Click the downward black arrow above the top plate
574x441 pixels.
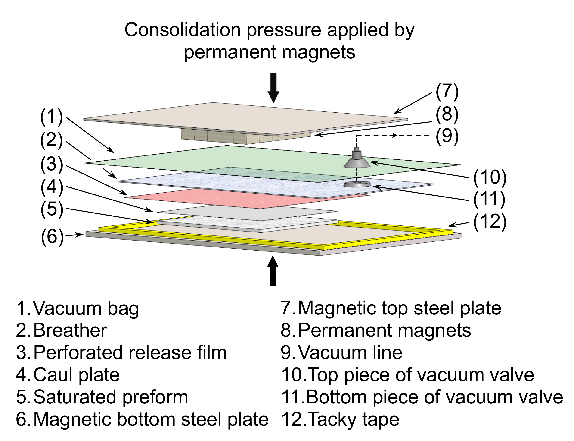coord(273,88)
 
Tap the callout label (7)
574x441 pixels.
coord(447,92)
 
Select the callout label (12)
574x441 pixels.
coord(490,222)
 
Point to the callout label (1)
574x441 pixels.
coord(52,117)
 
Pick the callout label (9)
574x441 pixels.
coord(447,136)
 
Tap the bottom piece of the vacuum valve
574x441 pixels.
coord(357,184)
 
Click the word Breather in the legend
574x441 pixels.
coord(70,330)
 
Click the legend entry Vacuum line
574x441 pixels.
coord(350,352)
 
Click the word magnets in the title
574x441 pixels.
coord(318,53)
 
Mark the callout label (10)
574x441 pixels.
coord(490,178)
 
